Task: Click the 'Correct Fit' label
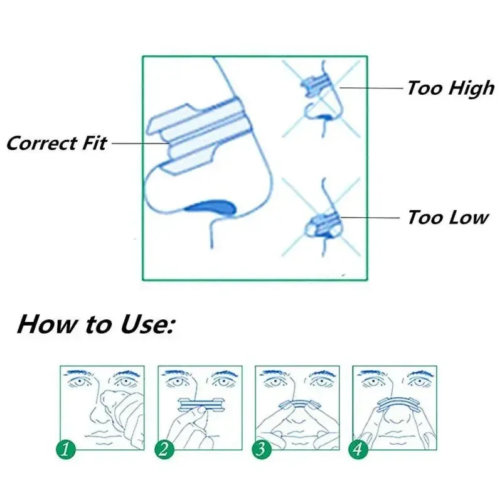56,142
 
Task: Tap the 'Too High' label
451,88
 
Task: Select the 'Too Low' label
447,218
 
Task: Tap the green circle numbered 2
165,449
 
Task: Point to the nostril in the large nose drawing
210,205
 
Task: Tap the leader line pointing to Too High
370,88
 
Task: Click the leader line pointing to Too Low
370,218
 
